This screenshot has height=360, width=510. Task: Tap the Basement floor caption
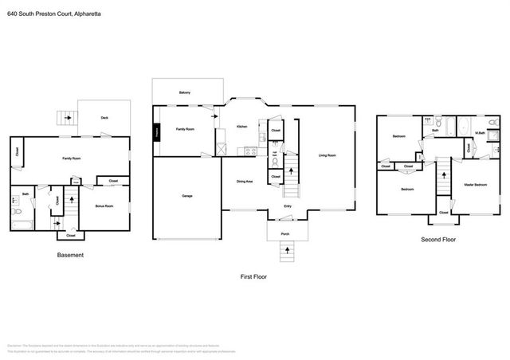pyautogui.click(x=70, y=255)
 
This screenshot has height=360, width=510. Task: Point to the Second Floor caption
pyautogui.click(x=438, y=238)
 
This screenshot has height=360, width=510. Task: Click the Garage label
pyautogui.click(x=186, y=195)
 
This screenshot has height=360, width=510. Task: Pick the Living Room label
pyautogui.click(x=327, y=155)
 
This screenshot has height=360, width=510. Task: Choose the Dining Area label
pyautogui.click(x=245, y=182)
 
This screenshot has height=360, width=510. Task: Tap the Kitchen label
pyautogui.click(x=241, y=126)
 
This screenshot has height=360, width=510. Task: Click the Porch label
pyautogui.click(x=284, y=233)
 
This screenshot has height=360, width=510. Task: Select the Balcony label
pyautogui.click(x=184, y=92)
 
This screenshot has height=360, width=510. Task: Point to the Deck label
pyautogui.click(x=104, y=117)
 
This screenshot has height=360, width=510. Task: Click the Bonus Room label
pyautogui.click(x=104, y=206)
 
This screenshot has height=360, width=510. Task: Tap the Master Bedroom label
pyautogui.click(x=476, y=185)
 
